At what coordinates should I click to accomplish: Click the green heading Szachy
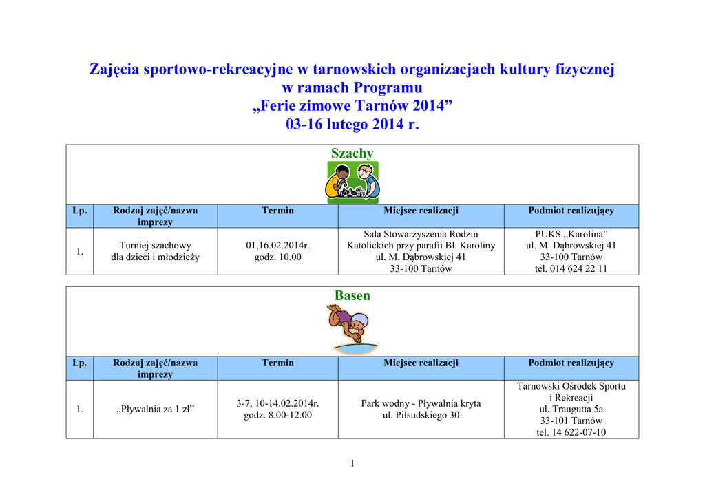point(352,153)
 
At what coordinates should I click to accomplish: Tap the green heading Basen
point(352,296)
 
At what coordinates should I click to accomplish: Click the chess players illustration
point(352,182)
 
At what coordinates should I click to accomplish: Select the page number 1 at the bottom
point(352,463)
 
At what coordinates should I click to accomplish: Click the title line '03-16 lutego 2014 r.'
point(352,125)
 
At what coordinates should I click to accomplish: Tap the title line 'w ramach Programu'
point(352,88)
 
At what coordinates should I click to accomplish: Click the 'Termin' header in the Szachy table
point(277,211)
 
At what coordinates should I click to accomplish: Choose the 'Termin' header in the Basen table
point(277,363)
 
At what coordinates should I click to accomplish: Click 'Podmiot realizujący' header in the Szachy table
point(571,211)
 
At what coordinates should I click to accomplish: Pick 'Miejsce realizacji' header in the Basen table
point(421,363)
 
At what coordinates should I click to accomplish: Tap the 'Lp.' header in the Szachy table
point(80,211)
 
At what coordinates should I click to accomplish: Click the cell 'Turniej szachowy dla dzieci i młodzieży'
point(155,251)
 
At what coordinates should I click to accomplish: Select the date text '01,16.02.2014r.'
point(277,245)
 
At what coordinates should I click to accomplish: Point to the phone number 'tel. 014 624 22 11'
point(571,268)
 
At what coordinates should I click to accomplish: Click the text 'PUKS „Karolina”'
point(571,233)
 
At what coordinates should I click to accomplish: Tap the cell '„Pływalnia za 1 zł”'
point(155,410)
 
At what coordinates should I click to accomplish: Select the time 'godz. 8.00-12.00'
point(277,415)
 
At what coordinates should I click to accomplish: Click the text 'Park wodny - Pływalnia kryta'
point(421,403)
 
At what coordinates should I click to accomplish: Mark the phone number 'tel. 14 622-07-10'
point(571,432)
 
